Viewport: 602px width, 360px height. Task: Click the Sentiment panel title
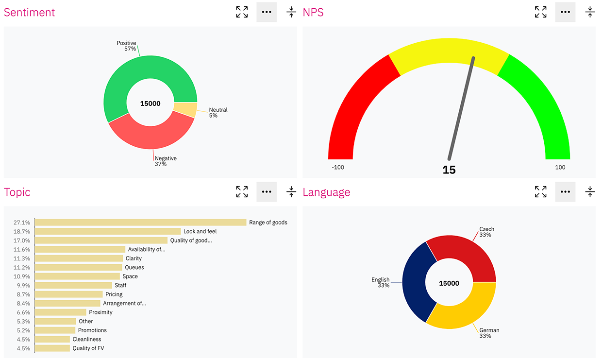[x=30, y=13]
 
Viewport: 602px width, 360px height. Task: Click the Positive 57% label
[x=126, y=46]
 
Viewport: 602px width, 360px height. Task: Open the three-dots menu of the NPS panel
[x=565, y=12]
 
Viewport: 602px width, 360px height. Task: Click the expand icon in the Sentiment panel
[x=242, y=12]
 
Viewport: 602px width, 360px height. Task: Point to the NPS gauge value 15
[x=449, y=170]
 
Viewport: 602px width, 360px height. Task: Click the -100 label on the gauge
[x=338, y=167]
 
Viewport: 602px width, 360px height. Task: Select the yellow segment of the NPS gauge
[x=449, y=51]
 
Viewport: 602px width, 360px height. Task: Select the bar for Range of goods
[x=141, y=223]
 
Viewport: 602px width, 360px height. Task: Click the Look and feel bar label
[x=200, y=232]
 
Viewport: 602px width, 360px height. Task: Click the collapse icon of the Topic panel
[x=291, y=192]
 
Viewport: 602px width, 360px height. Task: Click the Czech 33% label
[x=486, y=232]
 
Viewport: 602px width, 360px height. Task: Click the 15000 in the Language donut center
[x=449, y=283]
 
